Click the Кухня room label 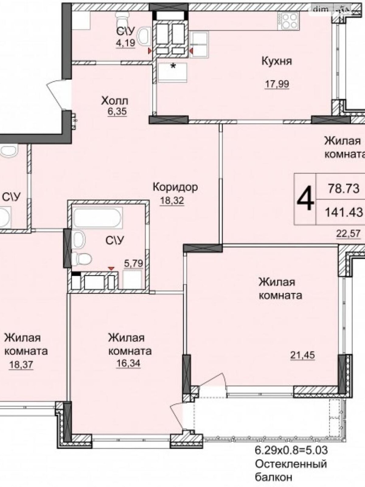[x=276, y=61]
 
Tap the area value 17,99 [x=277, y=84]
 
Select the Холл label [x=115, y=100]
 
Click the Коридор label [x=175, y=187]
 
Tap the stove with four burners [x=289, y=21]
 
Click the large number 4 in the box [x=305, y=199]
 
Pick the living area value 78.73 [x=344, y=189]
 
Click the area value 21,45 [x=302, y=355]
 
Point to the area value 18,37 [x=21, y=365]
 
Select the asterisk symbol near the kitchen [x=173, y=66]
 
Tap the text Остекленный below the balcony [x=290, y=464]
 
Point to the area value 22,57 [x=348, y=234]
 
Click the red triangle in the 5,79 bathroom [x=112, y=268]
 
